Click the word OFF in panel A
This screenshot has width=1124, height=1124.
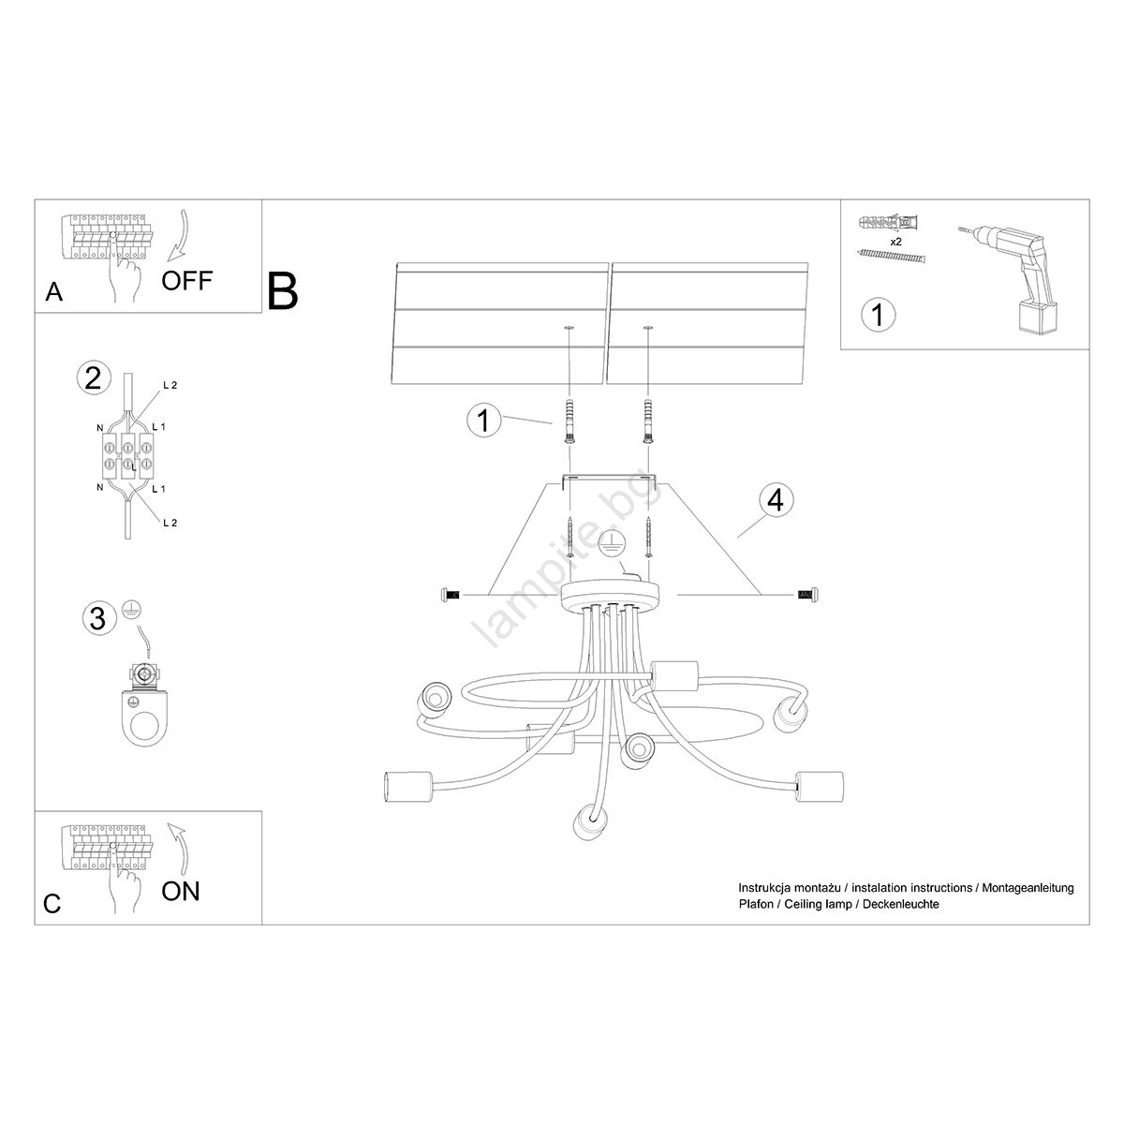tap(186, 279)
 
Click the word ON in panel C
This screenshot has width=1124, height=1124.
tap(181, 890)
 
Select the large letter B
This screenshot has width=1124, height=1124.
tap(282, 290)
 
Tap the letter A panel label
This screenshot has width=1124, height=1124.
tap(54, 293)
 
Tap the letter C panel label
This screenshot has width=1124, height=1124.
tap(52, 904)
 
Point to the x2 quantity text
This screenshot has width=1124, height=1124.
tap(896, 242)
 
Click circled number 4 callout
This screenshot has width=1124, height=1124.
tap(774, 500)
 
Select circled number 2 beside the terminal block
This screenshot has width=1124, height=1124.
tap(92, 378)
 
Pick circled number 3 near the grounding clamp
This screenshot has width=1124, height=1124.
tap(96, 617)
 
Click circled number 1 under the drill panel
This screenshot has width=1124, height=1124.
tap(877, 315)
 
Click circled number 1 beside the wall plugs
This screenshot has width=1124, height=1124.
tap(483, 421)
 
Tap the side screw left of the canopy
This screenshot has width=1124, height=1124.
tap(451, 594)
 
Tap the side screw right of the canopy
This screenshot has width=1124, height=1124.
tap(806, 594)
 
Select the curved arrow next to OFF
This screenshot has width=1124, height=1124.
tap(176, 238)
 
